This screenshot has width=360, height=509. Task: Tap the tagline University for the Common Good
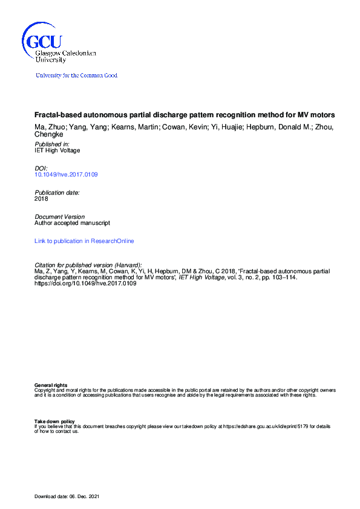tap(76, 76)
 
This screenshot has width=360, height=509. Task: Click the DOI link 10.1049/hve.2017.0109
tap(67, 175)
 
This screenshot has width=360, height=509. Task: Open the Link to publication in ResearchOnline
tap(84, 241)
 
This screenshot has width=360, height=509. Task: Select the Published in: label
tap(52, 144)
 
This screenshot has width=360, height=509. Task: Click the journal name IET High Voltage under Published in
tap(57, 151)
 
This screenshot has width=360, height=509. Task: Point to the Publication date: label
tap(57, 192)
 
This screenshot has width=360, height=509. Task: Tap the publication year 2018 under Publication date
tap(41, 198)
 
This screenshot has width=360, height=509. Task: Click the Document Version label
tap(59, 216)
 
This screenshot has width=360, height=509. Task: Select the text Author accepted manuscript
tap(72, 222)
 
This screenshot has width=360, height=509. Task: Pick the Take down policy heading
tap(54, 421)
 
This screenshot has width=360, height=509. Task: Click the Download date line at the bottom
tap(67, 496)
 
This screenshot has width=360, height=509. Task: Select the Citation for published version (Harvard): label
tap(88, 265)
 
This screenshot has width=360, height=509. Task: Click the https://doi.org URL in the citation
tap(85, 284)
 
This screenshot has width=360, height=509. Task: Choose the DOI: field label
tap(41, 169)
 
